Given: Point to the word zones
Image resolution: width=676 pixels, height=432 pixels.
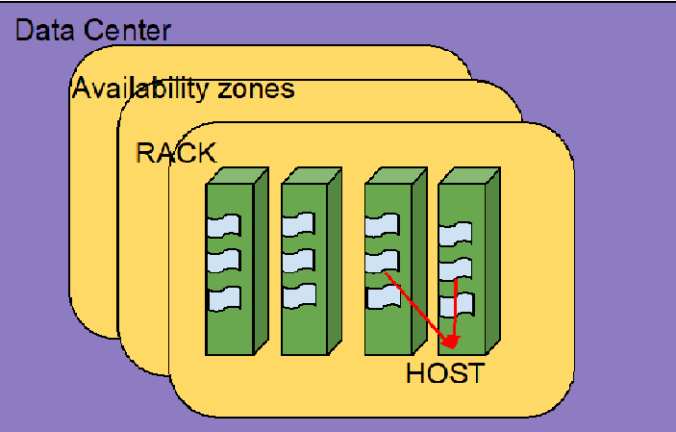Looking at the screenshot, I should pos(255,90).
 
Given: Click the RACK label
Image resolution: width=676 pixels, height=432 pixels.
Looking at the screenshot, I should pos(176,153).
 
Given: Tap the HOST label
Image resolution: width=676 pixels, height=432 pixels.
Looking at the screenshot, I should pos(444,373).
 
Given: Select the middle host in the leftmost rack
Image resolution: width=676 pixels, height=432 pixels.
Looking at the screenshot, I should pos(223,262).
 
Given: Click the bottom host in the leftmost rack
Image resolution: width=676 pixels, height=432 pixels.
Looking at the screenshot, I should pos(223,296).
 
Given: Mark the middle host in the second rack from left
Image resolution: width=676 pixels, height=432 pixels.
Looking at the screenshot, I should pos(299,261).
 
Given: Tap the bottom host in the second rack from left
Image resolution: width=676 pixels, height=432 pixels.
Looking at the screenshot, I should pos(299,295).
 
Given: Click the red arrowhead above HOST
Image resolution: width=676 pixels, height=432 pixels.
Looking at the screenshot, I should pos(451,342).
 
